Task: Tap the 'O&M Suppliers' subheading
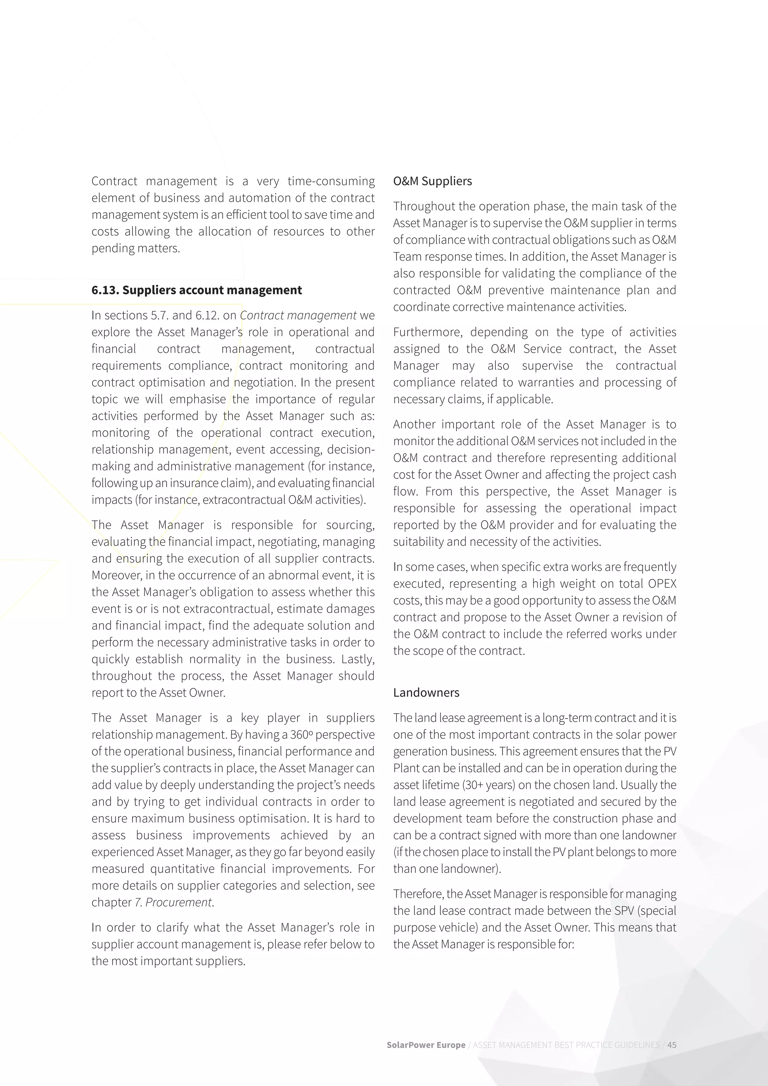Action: coord(432,181)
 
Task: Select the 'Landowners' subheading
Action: coord(426,693)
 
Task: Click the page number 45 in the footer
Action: coord(672,1045)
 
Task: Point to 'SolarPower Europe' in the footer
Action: coord(426,1045)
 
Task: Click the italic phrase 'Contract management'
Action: coord(298,315)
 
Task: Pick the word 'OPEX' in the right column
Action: coord(662,583)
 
